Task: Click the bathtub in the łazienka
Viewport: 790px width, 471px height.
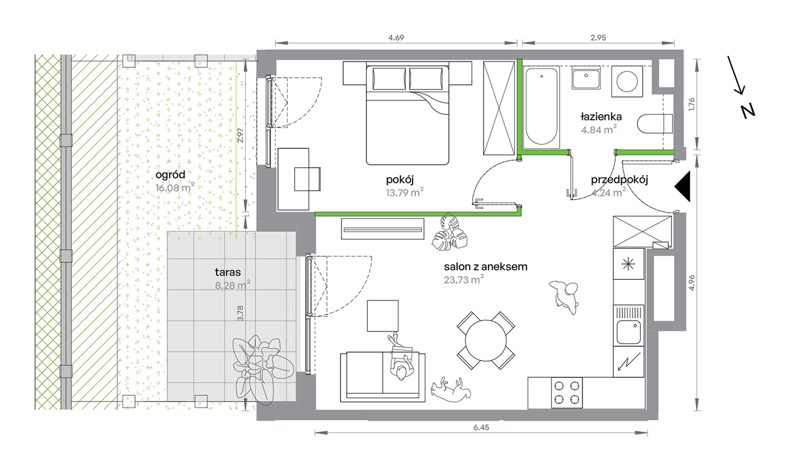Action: pos(541,107)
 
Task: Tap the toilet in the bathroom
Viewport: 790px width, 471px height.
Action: pos(655,123)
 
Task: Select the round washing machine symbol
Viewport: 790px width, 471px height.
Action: pos(627,81)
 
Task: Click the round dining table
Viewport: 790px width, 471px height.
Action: pos(486,340)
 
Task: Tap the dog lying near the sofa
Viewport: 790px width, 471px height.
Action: pos(452,390)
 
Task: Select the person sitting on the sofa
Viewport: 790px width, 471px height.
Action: pos(401,357)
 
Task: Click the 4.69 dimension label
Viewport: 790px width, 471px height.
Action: pos(396,37)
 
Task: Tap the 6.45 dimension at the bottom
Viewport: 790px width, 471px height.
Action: pos(481,427)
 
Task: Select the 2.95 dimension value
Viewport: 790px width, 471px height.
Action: pos(598,37)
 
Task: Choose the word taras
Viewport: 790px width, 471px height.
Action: pos(227,272)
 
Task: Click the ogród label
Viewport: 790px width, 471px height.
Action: pos(170,175)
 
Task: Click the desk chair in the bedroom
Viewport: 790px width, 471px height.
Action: pos(307,179)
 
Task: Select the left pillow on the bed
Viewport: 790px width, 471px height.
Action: pos(389,79)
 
